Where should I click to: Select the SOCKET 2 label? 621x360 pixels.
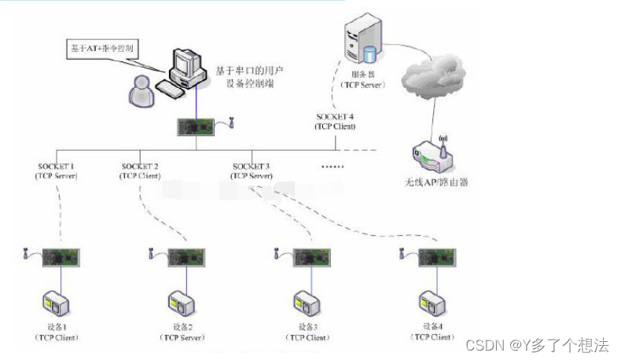pos(141,167)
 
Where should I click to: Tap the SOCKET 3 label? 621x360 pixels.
pos(252,167)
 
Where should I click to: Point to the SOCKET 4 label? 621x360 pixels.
pos(335,117)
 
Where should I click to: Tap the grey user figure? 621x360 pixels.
pos(142,91)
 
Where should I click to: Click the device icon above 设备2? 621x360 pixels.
pos(180,303)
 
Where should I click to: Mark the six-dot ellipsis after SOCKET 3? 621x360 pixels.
pos(334,167)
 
